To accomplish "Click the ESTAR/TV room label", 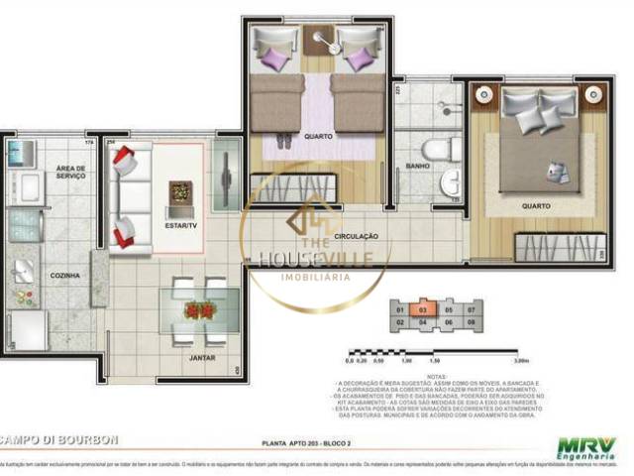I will [x=180, y=225].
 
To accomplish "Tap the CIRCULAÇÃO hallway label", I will [x=357, y=237].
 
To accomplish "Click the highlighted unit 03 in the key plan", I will [x=423, y=309].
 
